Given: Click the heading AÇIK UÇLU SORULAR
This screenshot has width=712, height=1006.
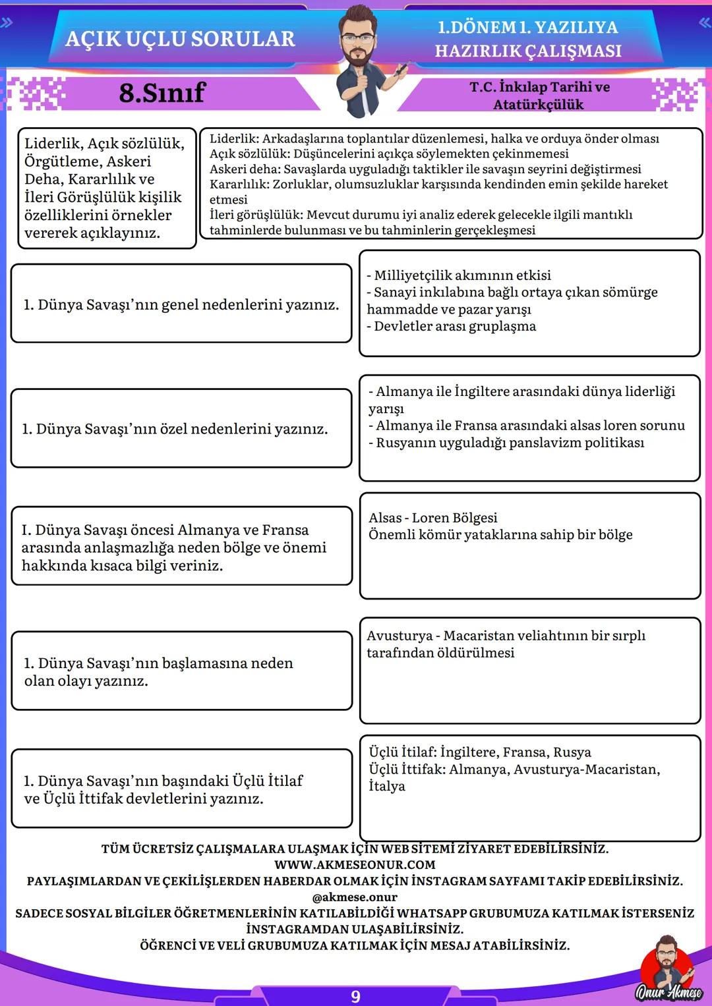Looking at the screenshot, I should point(180,39).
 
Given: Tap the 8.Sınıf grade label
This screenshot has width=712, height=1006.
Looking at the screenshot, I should point(162,93).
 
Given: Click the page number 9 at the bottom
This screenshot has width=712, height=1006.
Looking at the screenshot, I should point(355,996).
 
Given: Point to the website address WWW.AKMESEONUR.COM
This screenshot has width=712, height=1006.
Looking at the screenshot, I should point(355,864).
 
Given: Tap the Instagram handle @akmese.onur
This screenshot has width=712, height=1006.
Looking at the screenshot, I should point(355,897).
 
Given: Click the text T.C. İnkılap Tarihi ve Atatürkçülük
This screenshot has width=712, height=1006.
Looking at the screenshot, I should point(539,96).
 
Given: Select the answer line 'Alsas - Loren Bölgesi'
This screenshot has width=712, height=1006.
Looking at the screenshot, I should point(432,518).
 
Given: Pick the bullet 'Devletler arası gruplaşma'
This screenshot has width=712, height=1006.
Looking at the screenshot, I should point(452,326).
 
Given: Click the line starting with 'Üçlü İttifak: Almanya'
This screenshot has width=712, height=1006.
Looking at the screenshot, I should point(514,769).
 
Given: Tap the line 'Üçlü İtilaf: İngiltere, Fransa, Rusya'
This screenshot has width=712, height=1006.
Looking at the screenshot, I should point(480,752).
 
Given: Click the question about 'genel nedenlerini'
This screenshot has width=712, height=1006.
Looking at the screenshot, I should point(181,304).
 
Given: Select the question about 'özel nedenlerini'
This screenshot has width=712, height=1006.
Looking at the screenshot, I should point(175,429).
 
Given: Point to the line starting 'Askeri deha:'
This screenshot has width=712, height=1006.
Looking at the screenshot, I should point(425,169).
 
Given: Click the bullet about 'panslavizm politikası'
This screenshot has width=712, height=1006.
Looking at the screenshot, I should point(506,443).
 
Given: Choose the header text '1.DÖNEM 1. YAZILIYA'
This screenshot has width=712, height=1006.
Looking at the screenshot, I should point(527,28).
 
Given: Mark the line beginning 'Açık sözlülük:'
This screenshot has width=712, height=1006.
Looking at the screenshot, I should point(389,154).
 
